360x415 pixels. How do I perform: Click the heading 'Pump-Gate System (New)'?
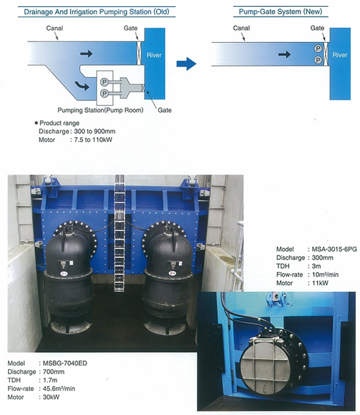click(x=281, y=12)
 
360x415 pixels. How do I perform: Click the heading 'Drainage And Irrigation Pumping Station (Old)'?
click(x=96, y=12)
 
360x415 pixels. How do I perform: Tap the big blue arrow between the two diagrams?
click(x=186, y=63)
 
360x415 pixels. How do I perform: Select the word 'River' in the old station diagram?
click(x=154, y=55)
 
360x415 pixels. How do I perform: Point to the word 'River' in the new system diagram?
click(x=340, y=55)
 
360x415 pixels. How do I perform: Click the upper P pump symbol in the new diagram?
click(x=318, y=48)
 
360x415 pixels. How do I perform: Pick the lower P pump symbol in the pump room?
click(x=104, y=94)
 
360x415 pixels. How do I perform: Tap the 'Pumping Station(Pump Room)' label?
click(x=101, y=110)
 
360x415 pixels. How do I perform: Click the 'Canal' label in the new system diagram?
click(x=241, y=28)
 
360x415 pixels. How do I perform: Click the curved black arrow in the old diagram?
click(x=83, y=86)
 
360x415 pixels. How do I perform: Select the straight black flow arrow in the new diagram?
click(x=284, y=55)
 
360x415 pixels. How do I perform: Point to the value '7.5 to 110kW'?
click(x=93, y=140)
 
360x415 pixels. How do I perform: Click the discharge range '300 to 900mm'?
click(x=94, y=132)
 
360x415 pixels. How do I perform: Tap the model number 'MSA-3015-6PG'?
click(x=335, y=249)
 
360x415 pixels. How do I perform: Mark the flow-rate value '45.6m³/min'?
click(x=59, y=388)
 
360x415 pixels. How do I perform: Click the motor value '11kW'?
click(x=320, y=283)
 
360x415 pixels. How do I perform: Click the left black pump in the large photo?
click(x=69, y=278)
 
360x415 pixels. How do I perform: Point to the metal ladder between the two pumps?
click(x=119, y=233)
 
